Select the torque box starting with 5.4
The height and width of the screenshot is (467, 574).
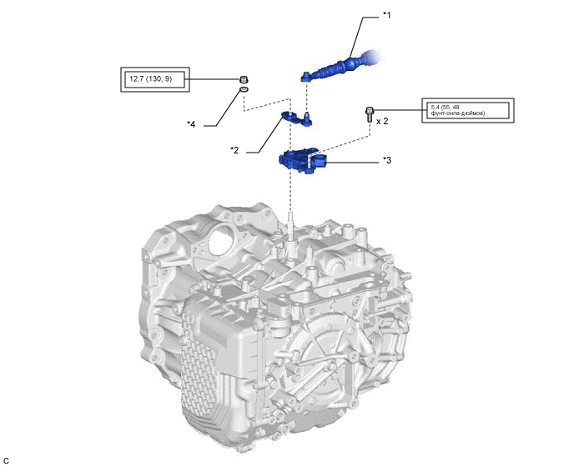467,110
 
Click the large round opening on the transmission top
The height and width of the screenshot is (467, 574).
219,244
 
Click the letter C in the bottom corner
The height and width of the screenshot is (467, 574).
7,459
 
